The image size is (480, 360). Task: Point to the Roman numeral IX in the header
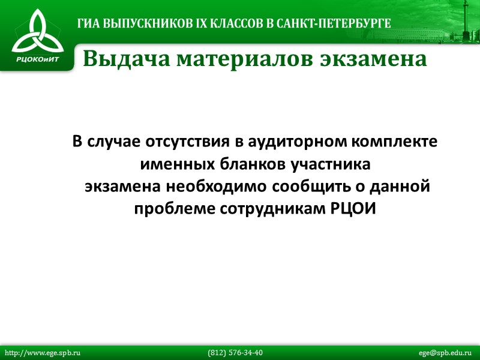(196, 23)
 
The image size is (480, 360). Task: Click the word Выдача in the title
(120, 59)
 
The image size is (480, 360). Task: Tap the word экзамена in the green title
(372, 59)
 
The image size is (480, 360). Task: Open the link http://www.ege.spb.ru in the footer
(42, 353)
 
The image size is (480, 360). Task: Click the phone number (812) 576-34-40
(235, 353)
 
